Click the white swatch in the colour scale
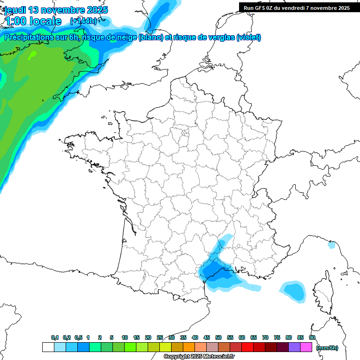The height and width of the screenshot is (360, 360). pos(48,347)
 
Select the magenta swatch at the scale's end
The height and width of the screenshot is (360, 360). pos(306,347)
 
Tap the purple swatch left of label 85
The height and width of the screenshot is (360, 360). pos(294,347)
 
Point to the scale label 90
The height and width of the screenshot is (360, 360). pos(312,338)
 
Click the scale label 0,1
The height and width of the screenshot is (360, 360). pos(55,338)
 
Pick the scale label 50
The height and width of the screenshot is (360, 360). pos(218,338)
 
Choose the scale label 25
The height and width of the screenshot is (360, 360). pos(160,338)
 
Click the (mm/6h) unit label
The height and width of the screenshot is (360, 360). pos(327,348)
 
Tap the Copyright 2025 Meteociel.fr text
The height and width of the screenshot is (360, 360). pos(199,357)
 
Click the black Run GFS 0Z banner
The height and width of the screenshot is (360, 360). pos(297,7)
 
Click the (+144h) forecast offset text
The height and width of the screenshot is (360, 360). pos(83,21)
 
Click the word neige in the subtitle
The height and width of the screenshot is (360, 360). pos(126,37)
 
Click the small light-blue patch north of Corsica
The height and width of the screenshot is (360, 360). pos(331,245)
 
